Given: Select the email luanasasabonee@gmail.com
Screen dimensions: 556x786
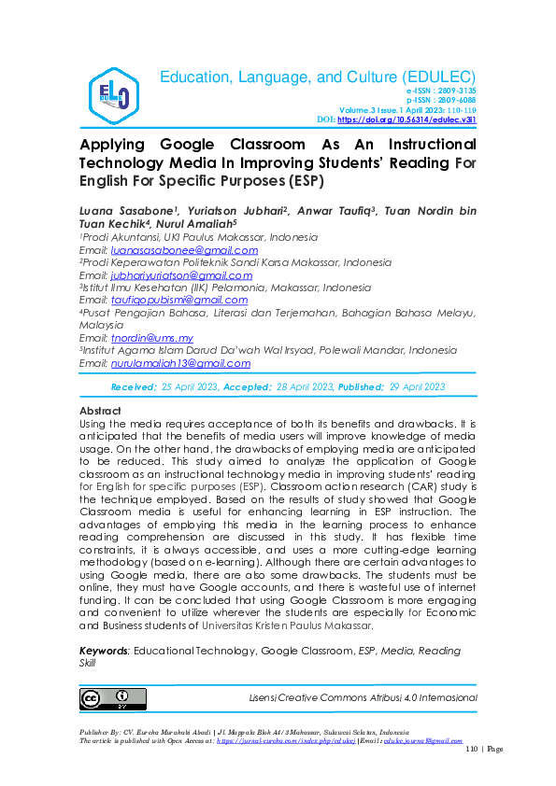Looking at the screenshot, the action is coord(184,250).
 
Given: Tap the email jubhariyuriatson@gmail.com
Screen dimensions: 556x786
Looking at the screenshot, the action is coord(181,275).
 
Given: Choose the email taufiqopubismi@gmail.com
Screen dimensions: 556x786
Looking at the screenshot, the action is coord(179,301).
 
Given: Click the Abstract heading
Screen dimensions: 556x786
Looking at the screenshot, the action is coord(100,411).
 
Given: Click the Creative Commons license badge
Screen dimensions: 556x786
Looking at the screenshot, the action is coord(106,698).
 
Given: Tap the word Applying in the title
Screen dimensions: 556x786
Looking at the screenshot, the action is coord(114,145).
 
